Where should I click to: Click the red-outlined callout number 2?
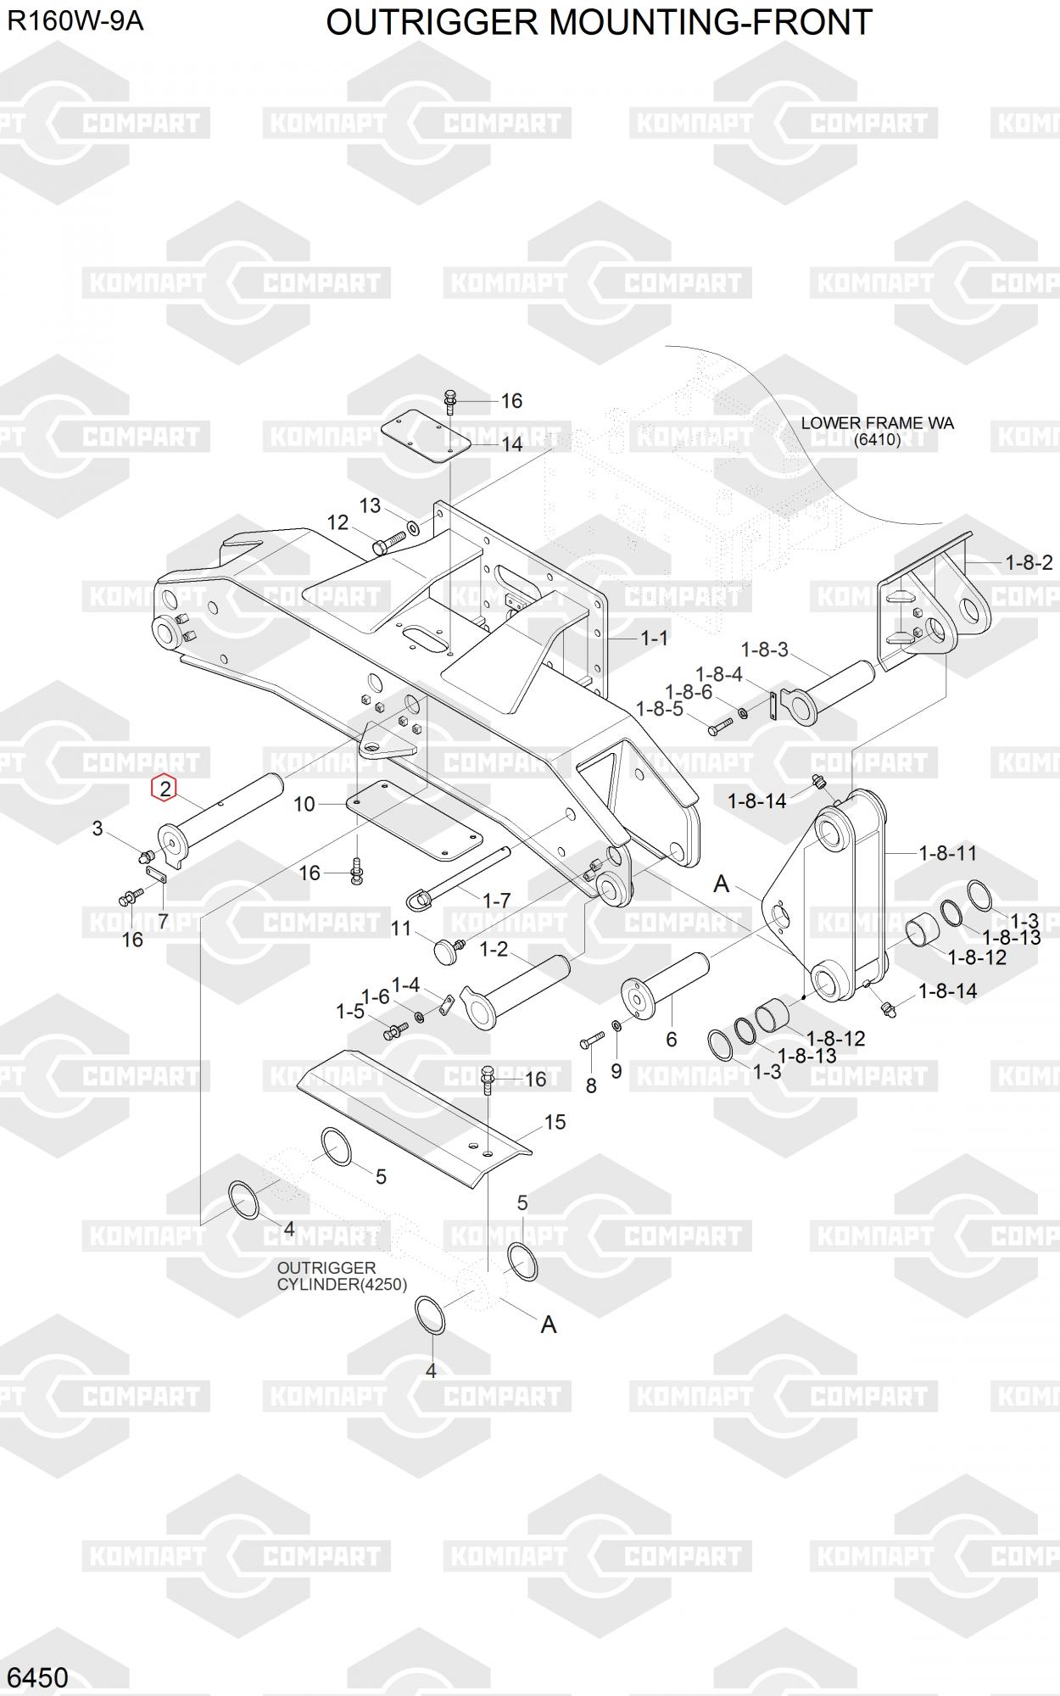coord(164,788)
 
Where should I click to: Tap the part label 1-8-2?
coord(1029,562)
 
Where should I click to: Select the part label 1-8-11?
coord(948,853)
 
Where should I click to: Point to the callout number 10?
coord(304,804)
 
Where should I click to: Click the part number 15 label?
coord(555,1122)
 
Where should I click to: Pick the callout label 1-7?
coord(496,900)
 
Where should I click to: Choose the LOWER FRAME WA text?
coord(877,423)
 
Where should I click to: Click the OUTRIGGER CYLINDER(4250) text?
coord(341,1275)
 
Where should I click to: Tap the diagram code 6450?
coord(37,1676)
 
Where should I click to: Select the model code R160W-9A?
coord(75,20)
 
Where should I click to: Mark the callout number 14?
coord(511,444)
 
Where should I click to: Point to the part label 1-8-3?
coord(764,650)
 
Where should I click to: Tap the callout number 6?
coord(672,1039)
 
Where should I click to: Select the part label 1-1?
coord(654,638)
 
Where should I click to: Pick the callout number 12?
coord(338,522)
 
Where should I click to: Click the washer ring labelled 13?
coord(413,528)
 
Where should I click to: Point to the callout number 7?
coord(163,921)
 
